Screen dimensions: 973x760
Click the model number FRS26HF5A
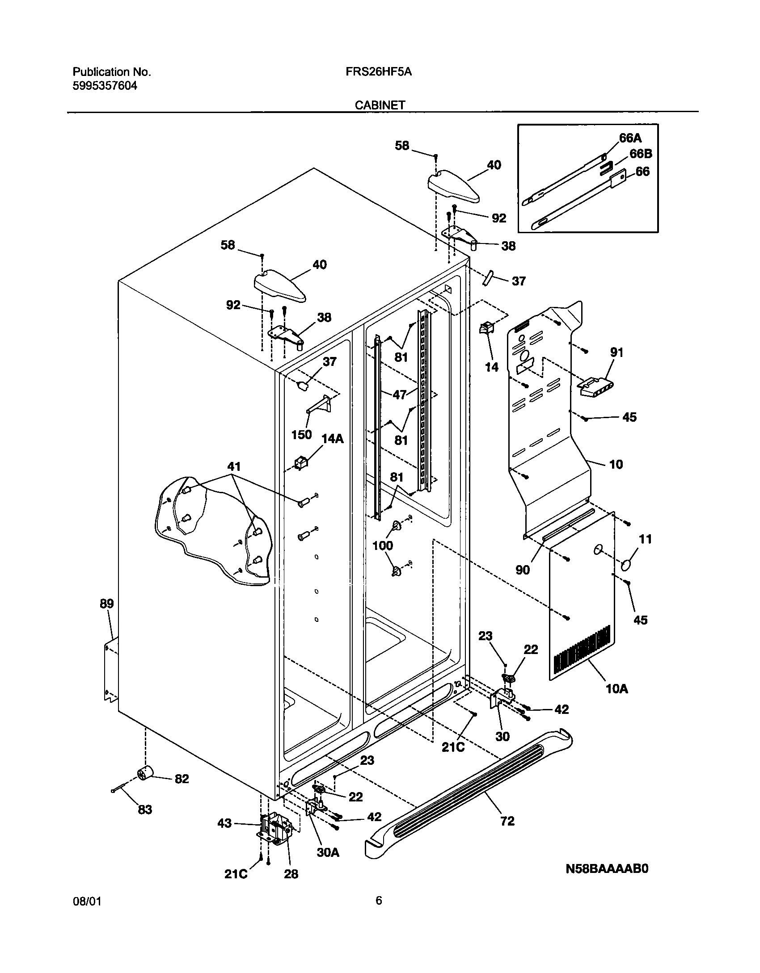(x=378, y=72)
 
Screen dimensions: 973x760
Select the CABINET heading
(x=380, y=105)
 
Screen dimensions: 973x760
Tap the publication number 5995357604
(x=105, y=86)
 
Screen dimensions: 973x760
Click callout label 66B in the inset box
(x=641, y=154)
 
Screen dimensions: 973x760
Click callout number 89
(x=106, y=604)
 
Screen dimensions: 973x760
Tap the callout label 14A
(x=333, y=439)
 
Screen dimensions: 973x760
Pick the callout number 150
(x=301, y=434)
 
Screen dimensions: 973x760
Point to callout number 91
(x=616, y=353)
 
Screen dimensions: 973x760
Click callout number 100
(x=383, y=545)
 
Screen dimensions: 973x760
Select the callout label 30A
(x=328, y=852)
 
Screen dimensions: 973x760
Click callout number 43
(x=224, y=822)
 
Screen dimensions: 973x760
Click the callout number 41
(x=234, y=467)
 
